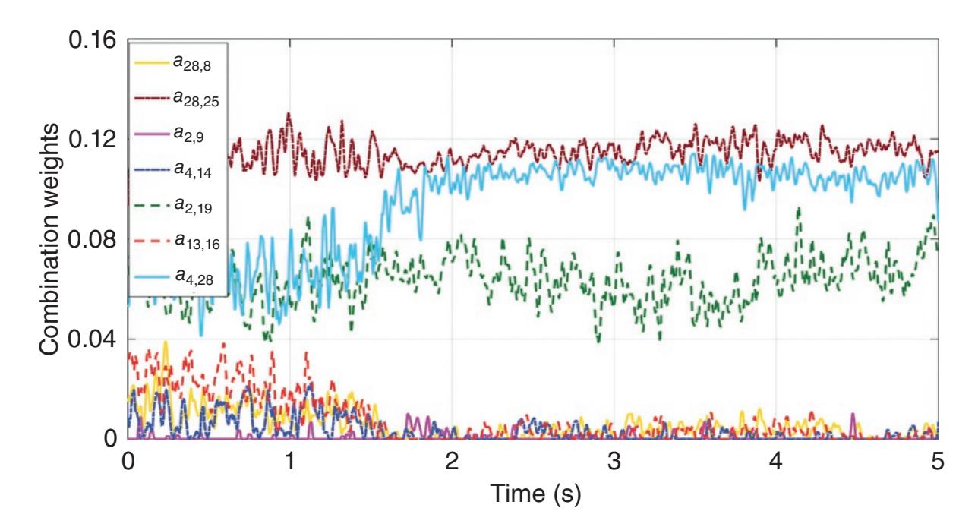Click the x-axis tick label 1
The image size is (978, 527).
click(289, 462)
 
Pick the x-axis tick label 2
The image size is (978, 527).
click(452, 462)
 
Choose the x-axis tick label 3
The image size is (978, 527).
click(614, 462)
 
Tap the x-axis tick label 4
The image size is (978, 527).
click(775, 462)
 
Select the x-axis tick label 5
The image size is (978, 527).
click(938, 462)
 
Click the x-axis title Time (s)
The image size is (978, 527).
click(532, 497)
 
